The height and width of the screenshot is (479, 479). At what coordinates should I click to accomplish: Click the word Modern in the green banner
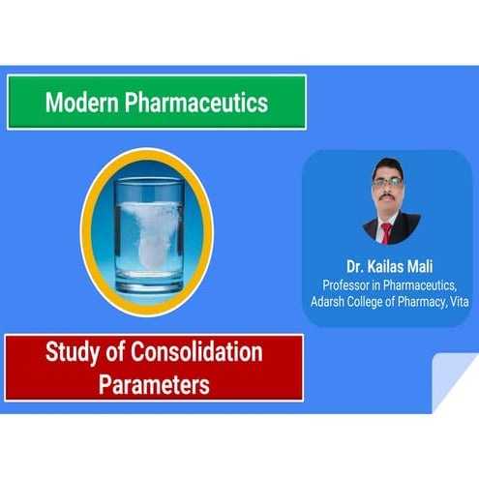(82, 103)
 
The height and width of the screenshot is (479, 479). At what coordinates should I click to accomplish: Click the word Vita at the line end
(460, 302)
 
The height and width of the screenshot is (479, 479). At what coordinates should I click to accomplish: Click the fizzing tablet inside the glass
(151, 247)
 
